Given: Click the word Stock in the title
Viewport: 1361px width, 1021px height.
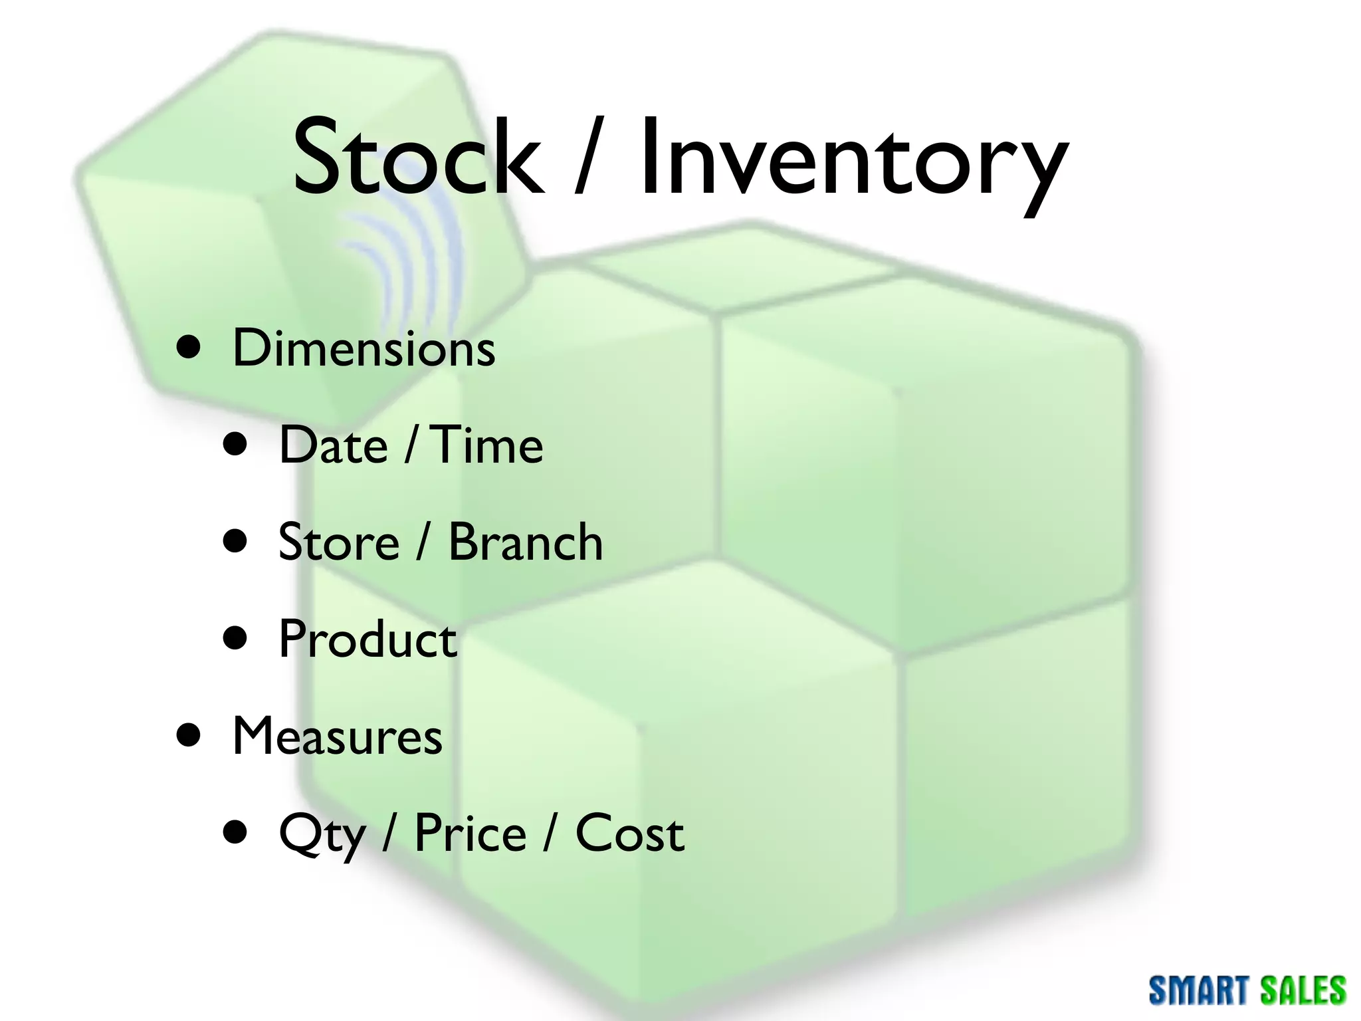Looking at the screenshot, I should coord(417,158).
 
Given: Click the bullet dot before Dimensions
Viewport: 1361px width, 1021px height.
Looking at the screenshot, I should coord(189,346).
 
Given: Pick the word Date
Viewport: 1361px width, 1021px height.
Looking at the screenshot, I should coord(333,445).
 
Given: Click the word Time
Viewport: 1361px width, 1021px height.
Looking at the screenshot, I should coord(488,445).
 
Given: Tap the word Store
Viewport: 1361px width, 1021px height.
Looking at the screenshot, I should coord(339,542).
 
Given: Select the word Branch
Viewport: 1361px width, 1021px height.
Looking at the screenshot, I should coord(525,542).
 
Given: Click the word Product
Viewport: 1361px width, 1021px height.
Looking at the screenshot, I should coord(367,639).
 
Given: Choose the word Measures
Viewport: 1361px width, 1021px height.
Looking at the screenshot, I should coord(338,736).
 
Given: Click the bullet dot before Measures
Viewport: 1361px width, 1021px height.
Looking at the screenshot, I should coord(189,735).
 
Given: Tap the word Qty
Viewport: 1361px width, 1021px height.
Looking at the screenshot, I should coord(322,834).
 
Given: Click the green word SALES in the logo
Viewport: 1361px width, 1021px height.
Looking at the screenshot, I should coord(1303,990).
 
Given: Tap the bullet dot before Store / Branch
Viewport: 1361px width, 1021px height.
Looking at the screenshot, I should coord(235,541).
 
